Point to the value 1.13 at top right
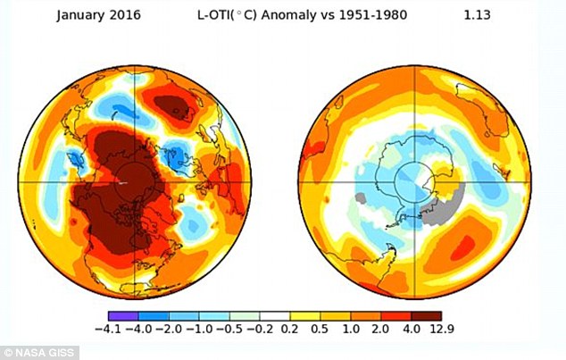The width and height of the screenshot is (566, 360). [479, 14]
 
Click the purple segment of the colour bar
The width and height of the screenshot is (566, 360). [122, 315]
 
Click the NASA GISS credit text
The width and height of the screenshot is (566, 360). [33, 353]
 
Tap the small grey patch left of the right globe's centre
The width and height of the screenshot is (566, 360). [361, 197]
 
